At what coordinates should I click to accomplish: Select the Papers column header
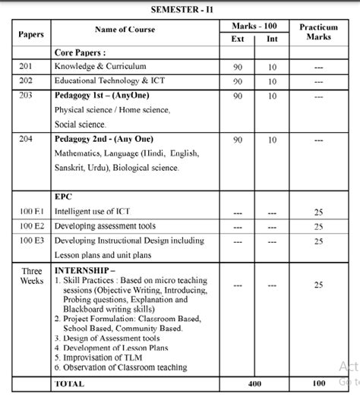(31, 35)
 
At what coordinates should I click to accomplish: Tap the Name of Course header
(125, 30)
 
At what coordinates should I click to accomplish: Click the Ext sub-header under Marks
(238, 39)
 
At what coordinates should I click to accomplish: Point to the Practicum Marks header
(318, 32)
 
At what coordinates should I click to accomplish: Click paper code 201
(25, 67)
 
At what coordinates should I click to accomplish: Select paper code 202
(25, 80)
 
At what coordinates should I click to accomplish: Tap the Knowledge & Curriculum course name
(99, 67)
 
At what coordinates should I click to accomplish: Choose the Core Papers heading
(80, 53)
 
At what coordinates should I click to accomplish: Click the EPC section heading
(63, 197)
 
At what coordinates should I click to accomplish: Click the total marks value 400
(255, 384)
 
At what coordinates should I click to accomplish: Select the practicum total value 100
(318, 384)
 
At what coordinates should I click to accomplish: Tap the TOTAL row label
(69, 384)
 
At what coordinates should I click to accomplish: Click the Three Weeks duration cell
(31, 275)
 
